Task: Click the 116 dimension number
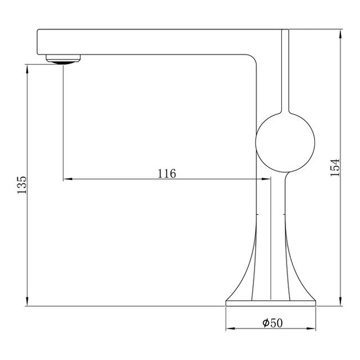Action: click(x=167, y=174)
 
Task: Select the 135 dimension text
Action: click(x=22, y=185)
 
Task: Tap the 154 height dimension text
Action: click(x=335, y=168)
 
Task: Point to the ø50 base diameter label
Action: click(x=272, y=323)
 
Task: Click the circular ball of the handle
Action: click(x=285, y=142)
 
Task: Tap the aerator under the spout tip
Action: click(x=63, y=59)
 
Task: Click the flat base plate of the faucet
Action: click(x=271, y=303)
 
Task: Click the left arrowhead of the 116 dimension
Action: click(x=67, y=179)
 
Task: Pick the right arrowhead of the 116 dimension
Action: click(x=266, y=179)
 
